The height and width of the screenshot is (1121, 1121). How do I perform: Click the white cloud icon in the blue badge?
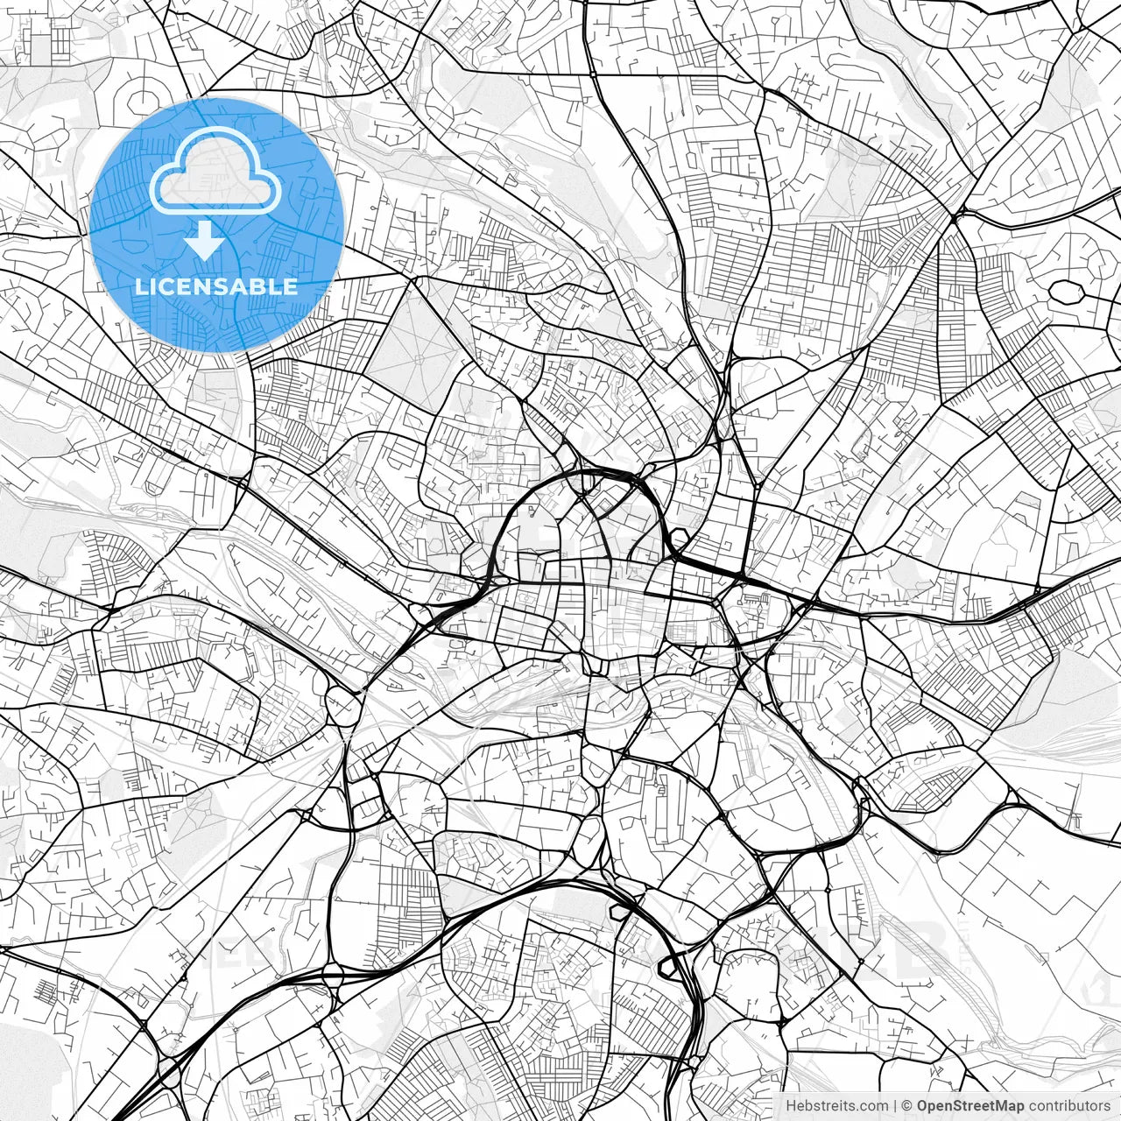(x=215, y=171)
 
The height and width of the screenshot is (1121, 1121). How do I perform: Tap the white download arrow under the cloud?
(x=205, y=239)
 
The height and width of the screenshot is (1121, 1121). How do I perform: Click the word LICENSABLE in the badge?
(x=215, y=286)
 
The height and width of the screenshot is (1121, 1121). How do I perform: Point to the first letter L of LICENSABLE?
(x=141, y=286)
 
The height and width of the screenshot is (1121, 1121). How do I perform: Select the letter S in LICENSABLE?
(x=225, y=286)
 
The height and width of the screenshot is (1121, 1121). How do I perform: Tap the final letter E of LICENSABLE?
(x=291, y=286)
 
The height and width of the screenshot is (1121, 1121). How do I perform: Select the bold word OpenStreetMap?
(x=969, y=1106)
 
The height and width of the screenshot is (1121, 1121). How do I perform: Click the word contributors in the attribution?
(x=1068, y=1106)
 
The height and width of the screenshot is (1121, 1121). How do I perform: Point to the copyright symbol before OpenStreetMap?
(x=907, y=1106)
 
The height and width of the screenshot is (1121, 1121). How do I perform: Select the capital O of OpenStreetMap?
(x=923, y=1106)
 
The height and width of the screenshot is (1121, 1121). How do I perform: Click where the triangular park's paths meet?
(x=419, y=357)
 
